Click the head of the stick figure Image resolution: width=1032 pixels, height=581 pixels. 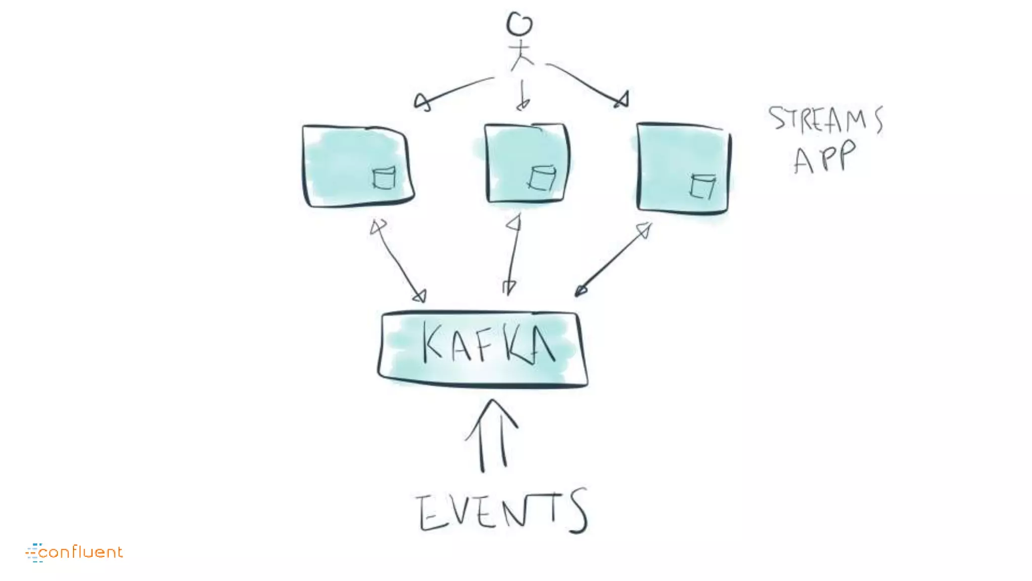(x=519, y=24)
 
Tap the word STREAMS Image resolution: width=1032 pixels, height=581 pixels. (x=825, y=120)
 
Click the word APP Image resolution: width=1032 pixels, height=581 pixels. (x=824, y=157)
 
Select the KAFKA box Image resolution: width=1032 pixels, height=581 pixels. (x=483, y=349)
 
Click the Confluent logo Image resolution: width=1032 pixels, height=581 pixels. (x=74, y=552)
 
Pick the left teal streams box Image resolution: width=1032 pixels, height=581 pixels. (x=357, y=165)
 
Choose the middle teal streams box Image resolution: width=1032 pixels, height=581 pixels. (x=527, y=162)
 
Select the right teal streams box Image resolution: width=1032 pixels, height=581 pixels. (x=683, y=168)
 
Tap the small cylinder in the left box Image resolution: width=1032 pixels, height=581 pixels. (x=384, y=178)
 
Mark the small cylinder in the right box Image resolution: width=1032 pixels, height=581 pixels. (x=702, y=186)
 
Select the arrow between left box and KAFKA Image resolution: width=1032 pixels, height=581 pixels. (x=398, y=260)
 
